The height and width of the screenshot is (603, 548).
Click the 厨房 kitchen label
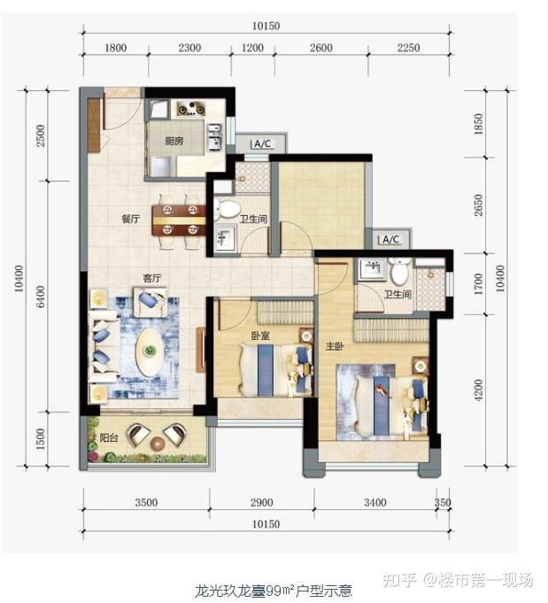tap(174, 141)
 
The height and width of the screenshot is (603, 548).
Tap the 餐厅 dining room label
tap(130, 219)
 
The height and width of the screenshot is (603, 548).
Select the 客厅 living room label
tap(152, 278)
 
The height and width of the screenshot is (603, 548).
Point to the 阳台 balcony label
tap(109, 437)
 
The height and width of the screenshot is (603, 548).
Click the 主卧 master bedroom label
tap(334, 346)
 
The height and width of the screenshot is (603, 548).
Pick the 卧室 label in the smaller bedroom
tap(260, 336)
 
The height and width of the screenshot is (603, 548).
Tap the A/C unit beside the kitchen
tap(262, 144)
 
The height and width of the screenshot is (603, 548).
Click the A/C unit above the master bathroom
tap(390, 239)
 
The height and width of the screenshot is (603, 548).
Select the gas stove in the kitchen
tap(190, 109)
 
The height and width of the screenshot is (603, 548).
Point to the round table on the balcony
tap(157, 444)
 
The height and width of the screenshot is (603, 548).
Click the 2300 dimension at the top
tap(189, 48)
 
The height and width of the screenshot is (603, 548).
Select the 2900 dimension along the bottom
tap(262, 503)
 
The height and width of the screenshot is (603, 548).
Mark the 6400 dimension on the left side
tap(41, 297)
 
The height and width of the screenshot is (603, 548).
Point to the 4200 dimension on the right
tap(478, 390)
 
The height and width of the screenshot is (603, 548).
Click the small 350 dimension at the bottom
tap(443, 503)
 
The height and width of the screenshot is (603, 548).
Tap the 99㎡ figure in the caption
tap(281, 590)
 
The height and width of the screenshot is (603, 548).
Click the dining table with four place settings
tap(179, 220)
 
